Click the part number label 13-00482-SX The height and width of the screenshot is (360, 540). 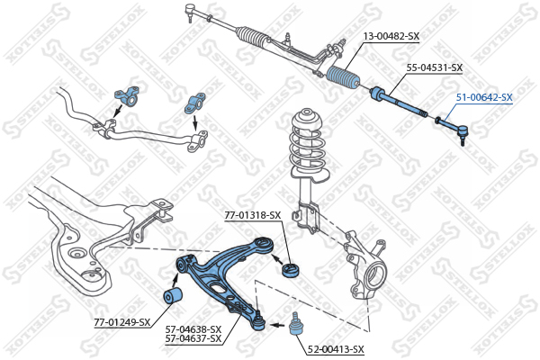(x=391, y=36)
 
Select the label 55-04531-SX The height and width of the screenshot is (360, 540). (x=435, y=67)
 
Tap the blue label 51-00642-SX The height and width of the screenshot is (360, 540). (x=484, y=97)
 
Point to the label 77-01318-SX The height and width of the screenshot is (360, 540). (x=253, y=215)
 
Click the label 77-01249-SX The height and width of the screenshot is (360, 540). (x=122, y=322)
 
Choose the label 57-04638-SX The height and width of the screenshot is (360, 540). (x=193, y=329)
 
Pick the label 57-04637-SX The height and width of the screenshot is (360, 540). (x=193, y=339)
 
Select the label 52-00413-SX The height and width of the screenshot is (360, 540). (x=336, y=350)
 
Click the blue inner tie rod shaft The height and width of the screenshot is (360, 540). (x=399, y=102)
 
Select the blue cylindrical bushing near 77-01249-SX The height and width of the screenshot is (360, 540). (x=172, y=296)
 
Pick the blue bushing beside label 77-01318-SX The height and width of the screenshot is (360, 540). (x=291, y=270)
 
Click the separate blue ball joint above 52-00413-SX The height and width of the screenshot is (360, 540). (x=294, y=323)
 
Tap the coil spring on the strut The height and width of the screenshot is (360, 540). (x=308, y=150)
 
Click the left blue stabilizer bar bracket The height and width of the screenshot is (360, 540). (x=127, y=96)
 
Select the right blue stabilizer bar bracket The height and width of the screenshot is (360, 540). (x=195, y=103)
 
